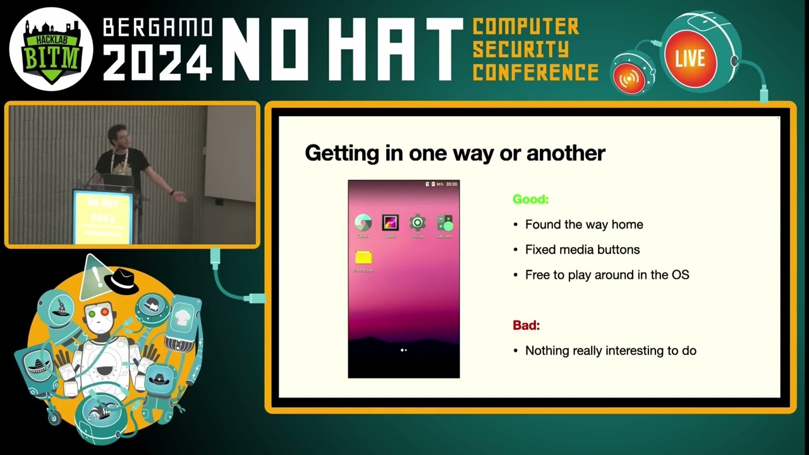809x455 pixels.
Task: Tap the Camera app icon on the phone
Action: (363, 222)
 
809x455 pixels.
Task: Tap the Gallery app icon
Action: (390, 222)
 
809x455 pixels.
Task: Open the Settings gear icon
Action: (417, 222)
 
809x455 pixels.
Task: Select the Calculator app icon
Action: (445, 222)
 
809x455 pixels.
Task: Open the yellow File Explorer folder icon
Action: (363, 257)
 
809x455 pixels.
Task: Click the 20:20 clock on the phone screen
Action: (451, 185)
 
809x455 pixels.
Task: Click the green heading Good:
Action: (530, 199)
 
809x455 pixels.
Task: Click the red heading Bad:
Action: (526, 325)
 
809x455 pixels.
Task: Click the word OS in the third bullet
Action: (680, 275)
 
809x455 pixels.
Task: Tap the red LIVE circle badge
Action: (690, 59)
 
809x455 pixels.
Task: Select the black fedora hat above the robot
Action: (121, 278)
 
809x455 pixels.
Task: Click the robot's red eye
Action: (104, 312)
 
